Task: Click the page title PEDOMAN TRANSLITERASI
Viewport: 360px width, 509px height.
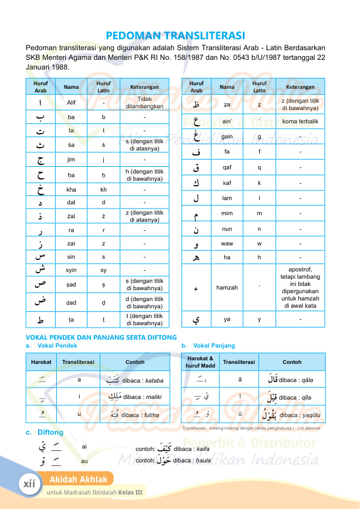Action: click(x=179, y=36)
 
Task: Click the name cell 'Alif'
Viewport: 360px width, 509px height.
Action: click(x=71, y=102)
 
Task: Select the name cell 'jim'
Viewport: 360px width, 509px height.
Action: click(x=71, y=160)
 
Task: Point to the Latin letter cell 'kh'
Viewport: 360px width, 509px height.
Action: click(x=103, y=189)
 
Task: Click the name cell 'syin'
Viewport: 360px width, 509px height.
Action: click(x=71, y=270)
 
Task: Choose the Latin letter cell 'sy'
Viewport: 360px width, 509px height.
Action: click(x=103, y=270)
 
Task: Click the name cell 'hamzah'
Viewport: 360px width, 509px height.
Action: click(x=227, y=288)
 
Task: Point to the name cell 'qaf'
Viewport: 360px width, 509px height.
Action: click(x=227, y=168)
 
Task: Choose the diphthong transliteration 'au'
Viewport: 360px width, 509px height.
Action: click(x=84, y=461)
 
